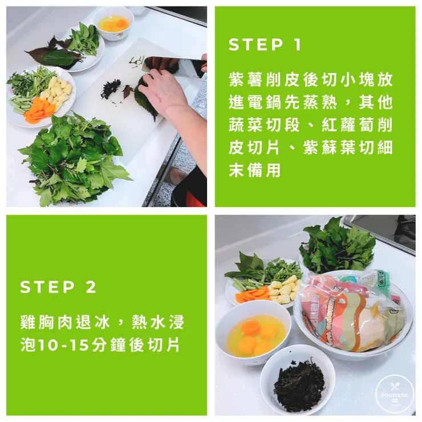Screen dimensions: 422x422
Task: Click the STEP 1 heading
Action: pos(265,45)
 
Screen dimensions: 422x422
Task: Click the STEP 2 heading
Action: pos(58,287)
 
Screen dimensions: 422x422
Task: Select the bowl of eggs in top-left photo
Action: pos(113,23)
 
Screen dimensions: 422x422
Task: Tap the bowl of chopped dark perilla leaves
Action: pos(297,382)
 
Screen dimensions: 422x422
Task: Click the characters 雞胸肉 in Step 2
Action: pos(43,323)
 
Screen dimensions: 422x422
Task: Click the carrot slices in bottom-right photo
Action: pos(253,295)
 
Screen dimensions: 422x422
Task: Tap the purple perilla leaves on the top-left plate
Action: pos(54,54)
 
